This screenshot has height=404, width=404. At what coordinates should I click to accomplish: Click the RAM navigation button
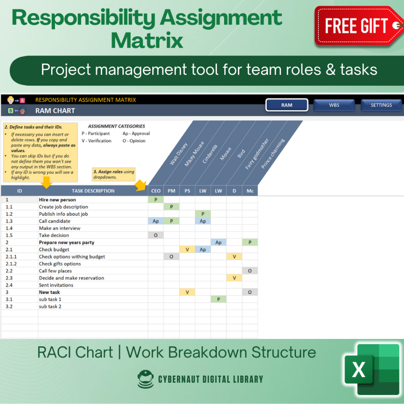point(287,105)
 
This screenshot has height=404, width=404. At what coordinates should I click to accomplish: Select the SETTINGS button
point(381,105)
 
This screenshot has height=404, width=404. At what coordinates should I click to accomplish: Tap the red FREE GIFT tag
point(357,26)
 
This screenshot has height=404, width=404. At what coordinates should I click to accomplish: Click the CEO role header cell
point(156,191)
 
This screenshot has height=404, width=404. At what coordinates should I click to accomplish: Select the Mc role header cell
point(250,191)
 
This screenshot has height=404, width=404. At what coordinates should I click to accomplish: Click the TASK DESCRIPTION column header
point(93,191)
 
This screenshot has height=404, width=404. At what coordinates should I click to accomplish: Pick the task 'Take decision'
point(54,236)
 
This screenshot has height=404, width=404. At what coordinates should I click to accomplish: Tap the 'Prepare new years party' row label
point(67,243)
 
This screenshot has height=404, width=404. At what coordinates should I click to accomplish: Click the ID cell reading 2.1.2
point(11,264)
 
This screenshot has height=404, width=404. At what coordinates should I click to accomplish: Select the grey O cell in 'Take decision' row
point(156,236)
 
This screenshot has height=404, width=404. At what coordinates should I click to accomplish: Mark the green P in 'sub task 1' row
point(219,299)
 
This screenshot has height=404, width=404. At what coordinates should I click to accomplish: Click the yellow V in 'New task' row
point(187,292)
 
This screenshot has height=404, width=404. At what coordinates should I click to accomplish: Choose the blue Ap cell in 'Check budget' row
point(203,250)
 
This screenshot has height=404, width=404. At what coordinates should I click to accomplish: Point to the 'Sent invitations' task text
point(56,285)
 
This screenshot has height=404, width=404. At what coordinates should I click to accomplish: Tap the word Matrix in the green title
point(147,40)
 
